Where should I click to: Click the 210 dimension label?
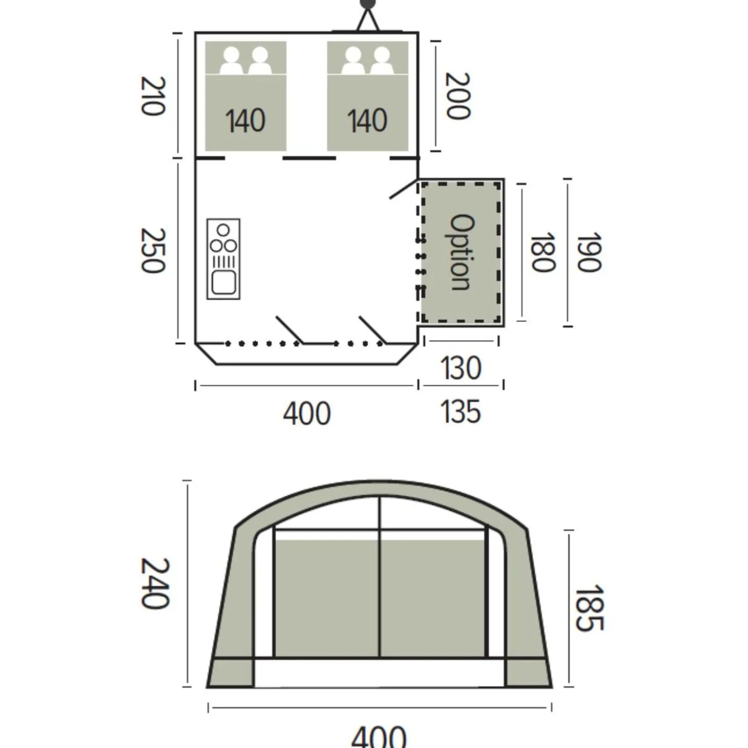click(x=153, y=96)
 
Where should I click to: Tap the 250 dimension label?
click(x=153, y=251)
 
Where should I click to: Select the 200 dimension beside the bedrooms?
click(x=458, y=95)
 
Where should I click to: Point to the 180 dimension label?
click(x=543, y=252)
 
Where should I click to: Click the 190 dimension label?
click(x=589, y=252)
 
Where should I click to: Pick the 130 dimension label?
click(x=461, y=368)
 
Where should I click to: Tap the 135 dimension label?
click(x=461, y=411)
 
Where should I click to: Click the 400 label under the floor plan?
click(x=307, y=414)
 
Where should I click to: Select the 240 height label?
click(x=155, y=584)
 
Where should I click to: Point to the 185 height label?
click(x=589, y=608)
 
